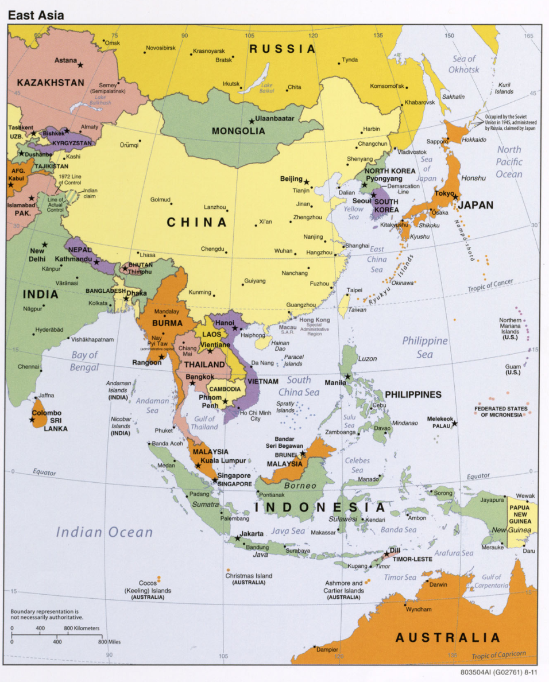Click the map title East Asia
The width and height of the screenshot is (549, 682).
point(36,15)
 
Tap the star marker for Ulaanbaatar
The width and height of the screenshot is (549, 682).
point(252,121)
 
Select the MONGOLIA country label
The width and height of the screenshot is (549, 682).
point(238,131)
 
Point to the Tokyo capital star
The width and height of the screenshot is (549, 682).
point(455,197)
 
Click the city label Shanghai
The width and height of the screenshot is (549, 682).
point(357,245)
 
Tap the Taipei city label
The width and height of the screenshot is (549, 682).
point(354,290)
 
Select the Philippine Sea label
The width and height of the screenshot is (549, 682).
point(425,347)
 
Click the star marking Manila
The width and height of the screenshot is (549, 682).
point(348,377)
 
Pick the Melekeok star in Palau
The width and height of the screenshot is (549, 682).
point(454,424)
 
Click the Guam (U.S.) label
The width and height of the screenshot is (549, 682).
point(513,370)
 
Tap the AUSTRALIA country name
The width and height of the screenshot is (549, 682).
point(448,637)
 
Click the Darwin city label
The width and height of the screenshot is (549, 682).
point(438,584)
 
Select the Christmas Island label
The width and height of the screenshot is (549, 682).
point(249,576)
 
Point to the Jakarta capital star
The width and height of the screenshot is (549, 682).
point(237,538)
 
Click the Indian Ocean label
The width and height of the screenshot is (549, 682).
point(105,532)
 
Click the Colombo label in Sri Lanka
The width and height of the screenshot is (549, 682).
point(47,413)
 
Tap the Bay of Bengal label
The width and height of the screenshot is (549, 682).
point(84,361)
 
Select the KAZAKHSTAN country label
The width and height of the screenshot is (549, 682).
point(51,83)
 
